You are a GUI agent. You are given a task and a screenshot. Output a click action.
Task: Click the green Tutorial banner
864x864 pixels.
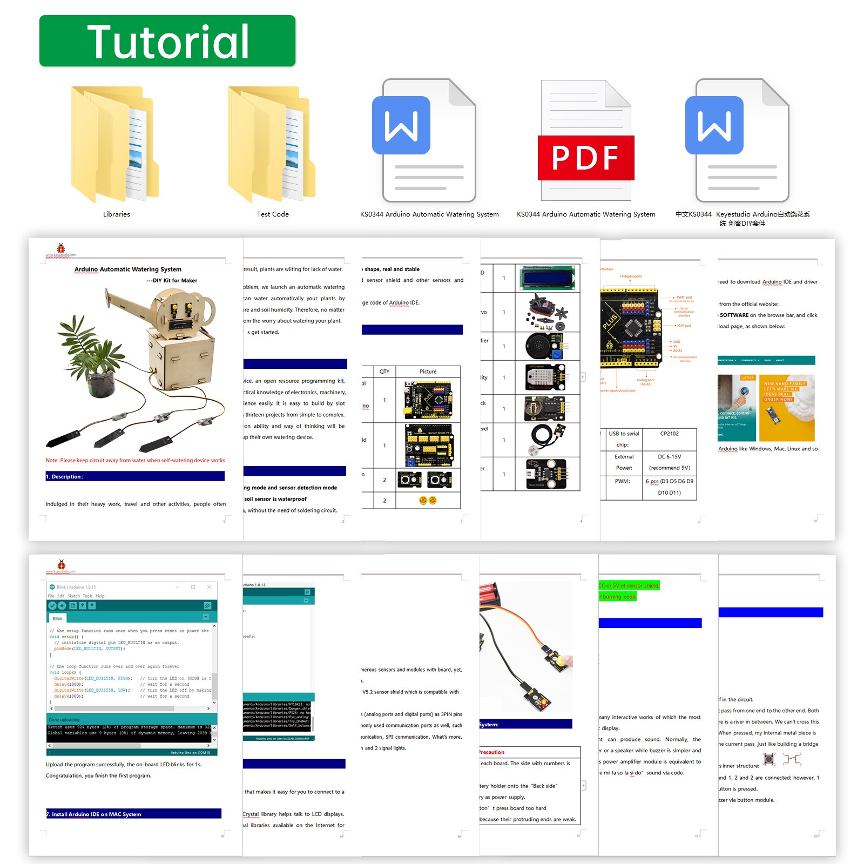coord(167,41)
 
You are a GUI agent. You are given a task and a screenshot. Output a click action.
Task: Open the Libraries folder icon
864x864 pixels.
coord(115,145)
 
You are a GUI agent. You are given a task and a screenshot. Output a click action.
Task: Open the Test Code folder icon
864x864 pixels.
coord(272,145)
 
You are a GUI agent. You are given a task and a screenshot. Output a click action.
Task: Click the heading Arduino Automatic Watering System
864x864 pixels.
coord(128,269)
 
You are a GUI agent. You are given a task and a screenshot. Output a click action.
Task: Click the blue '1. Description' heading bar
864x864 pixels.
coord(134,476)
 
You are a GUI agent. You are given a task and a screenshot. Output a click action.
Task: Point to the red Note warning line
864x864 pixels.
coord(135,461)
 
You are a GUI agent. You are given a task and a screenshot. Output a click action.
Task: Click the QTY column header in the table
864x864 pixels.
coord(384,372)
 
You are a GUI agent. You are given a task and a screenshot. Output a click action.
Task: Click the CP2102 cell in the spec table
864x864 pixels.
coord(669,434)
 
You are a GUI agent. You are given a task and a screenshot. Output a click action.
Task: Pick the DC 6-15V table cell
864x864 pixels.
coord(669,457)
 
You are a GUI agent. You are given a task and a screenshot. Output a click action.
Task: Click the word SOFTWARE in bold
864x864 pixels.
coord(734,315)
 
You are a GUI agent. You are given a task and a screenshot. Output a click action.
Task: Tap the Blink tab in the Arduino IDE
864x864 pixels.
coord(58,618)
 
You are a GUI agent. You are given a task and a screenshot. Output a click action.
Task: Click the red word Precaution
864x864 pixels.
coord(492,752)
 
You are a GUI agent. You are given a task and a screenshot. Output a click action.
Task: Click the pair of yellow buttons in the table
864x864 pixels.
coord(428,501)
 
